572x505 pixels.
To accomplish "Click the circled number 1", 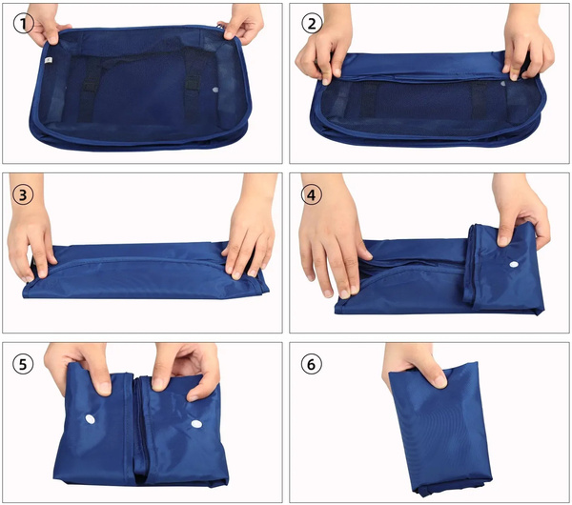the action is point(23,24).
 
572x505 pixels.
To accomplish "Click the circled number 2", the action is point(312,24).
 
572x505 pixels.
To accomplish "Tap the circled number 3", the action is point(23,194).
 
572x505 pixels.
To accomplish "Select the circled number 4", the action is point(311,194).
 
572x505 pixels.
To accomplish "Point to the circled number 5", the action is point(23,364).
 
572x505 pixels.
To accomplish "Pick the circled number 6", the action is point(311,364).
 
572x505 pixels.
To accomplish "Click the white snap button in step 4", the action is point(515,264).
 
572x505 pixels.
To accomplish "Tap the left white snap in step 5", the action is point(91,419).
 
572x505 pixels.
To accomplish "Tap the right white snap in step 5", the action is point(196,424).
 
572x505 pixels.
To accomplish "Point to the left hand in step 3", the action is point(30,234).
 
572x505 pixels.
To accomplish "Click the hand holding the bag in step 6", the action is point(412,365).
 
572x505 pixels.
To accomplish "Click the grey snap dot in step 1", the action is point(214,90).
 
